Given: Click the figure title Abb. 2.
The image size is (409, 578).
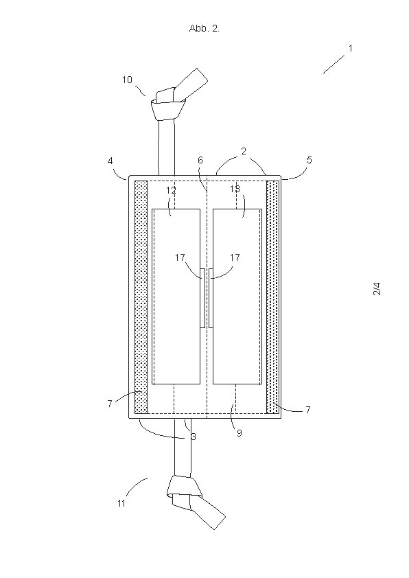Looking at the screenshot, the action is pyautogui.click(x=204, y=28).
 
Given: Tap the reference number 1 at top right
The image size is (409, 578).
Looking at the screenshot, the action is pyautogui.click(x=351, y=48).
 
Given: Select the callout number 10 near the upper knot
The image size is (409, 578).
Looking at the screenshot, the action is pyautogui.click(x=127, y=80).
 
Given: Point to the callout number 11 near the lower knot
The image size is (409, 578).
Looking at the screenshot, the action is pyautogui.click(x=121, y=502).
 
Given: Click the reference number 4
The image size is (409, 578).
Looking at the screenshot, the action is pyautogui.click(x=110, y=161).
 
